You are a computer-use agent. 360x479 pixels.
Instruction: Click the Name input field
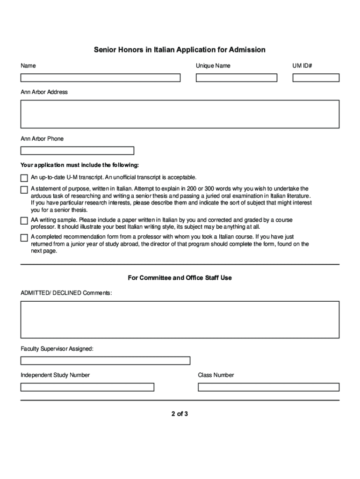[x=100, y=78]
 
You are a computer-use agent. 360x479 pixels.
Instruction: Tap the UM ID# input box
[x=316, y=78]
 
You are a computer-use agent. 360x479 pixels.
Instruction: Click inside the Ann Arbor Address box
[x=180, y=114]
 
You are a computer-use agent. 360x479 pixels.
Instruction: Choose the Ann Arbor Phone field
[x=77, y=151]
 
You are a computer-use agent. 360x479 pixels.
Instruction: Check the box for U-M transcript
[x=24, y=178]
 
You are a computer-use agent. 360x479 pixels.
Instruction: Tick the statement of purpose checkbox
[x=24, y=189]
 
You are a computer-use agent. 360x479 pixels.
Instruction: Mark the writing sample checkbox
[x=24, y=220]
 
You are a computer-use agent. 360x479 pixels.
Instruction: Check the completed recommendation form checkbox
[x=24, y=238]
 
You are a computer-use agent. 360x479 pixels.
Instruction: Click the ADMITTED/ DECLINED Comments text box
[x=180, y=319]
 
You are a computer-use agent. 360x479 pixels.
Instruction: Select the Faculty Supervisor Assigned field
[x=105, y=361]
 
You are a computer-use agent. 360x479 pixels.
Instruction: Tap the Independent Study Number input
[x=87, y=387]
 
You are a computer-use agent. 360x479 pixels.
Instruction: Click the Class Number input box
[x=268, y=387]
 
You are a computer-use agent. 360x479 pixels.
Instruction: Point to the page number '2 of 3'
[x=180, y=414]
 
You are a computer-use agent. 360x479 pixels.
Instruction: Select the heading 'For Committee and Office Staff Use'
[x=180, y=278]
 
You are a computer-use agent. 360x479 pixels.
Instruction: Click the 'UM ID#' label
[x=302, y=66]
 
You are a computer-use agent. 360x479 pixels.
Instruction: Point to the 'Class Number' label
[x=216, y=375]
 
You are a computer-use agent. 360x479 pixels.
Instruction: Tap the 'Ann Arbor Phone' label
[x=42, y=139]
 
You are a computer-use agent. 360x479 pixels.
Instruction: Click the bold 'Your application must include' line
[x=79, y=165]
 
